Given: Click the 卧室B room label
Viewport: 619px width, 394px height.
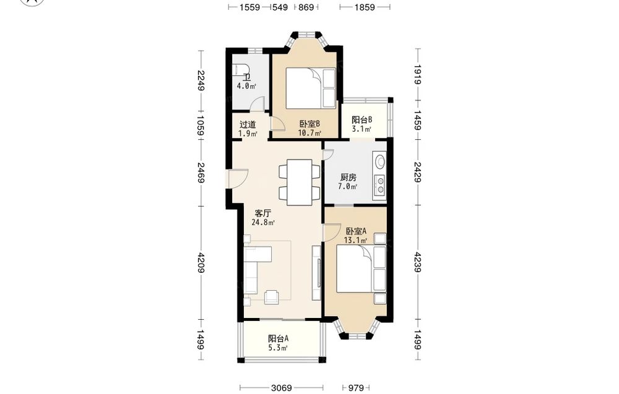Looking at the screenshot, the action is tap(309, 124).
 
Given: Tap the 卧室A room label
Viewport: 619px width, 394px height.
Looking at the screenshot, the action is tap(356, 231).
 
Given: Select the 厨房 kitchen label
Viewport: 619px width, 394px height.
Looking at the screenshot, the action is tap(348, 178).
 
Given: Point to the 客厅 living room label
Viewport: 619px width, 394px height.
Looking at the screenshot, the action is tap(262, 213).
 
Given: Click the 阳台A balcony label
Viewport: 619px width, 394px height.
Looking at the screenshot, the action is tap(279, 338).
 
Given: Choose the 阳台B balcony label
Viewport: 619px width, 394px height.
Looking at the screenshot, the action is tap(361, 119).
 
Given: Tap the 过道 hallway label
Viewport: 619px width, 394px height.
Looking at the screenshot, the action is tap(248, 124).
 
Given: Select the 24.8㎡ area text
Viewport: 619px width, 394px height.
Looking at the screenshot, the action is tap(263, 222).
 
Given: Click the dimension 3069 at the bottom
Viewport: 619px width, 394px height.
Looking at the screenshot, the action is tap(281, 388).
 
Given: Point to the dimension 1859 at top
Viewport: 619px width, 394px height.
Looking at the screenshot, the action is tap(365, 7).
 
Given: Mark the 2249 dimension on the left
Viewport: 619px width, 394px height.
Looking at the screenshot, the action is tap(201, 80).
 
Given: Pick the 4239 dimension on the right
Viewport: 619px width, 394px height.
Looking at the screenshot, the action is tap(418, 262).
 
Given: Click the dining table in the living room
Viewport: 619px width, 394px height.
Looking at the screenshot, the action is tap(299, 182).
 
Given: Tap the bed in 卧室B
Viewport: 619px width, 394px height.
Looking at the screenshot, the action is tap(310, 88).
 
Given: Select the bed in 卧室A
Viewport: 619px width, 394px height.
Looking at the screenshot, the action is tap(361, 269).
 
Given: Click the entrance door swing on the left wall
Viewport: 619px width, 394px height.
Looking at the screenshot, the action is tap(238, 179).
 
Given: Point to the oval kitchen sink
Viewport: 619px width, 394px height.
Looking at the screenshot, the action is tap(380, 162).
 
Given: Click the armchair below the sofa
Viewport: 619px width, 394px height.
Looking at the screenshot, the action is tap(272, 297).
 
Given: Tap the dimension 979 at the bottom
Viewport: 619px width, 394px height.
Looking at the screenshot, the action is tap(356, 388).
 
